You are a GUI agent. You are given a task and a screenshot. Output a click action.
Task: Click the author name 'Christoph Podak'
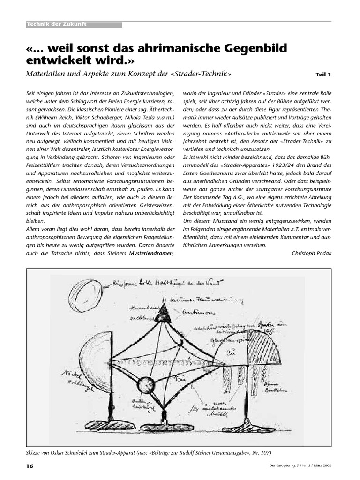click(311, 254)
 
